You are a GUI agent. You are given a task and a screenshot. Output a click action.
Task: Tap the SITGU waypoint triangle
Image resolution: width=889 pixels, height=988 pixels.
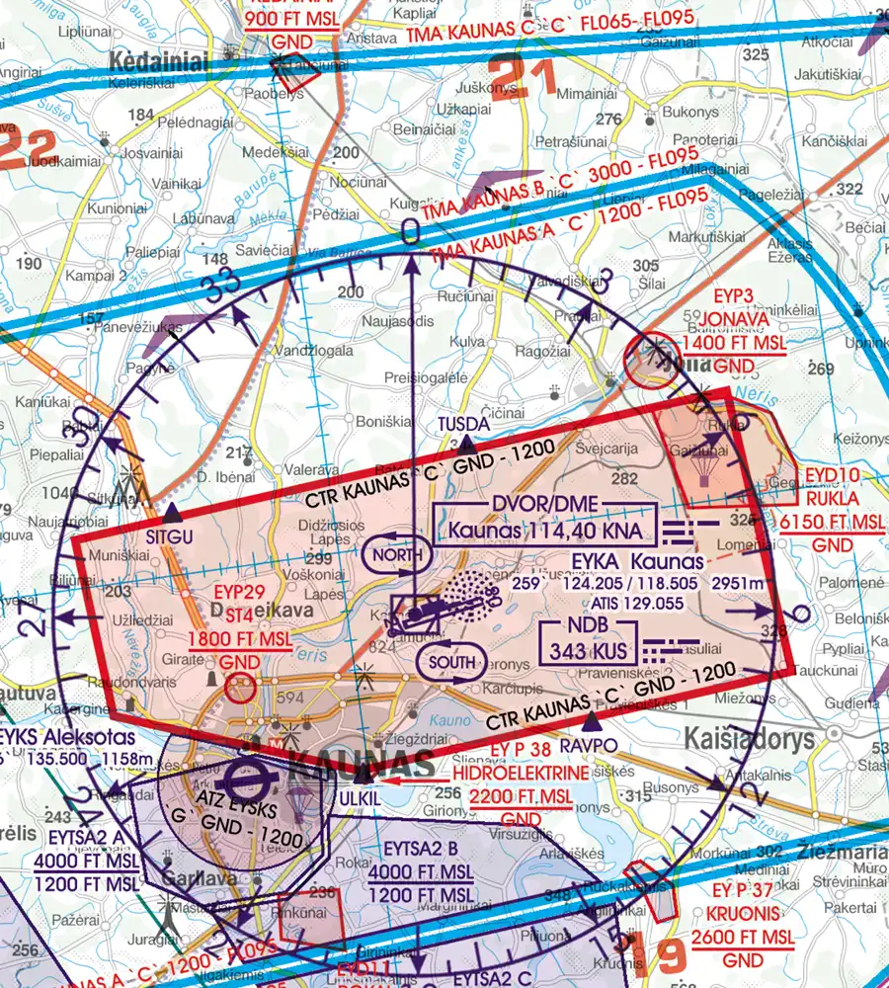pos(173,513)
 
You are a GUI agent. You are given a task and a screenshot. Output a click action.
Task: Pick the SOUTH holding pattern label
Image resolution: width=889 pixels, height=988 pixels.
pos(451,661)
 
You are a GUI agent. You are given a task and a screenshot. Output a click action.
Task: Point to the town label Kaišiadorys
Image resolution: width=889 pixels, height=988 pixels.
pos(750,739)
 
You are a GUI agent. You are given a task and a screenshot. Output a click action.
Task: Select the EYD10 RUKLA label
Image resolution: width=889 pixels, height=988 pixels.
pos(832,474)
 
